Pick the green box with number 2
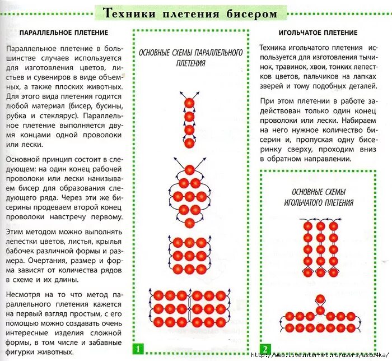[x=265, y=349]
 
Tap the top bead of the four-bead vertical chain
[x=190, y=103]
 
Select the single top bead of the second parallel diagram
[x=190, y=169]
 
